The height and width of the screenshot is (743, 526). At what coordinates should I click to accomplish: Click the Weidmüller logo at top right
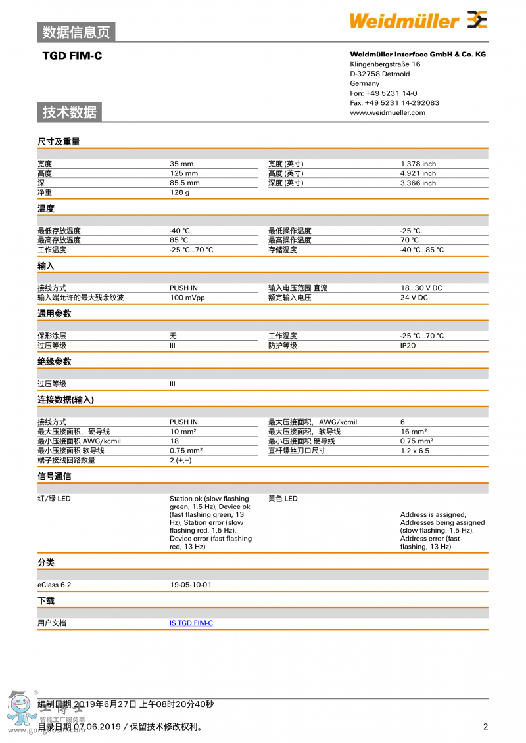pos(418,20)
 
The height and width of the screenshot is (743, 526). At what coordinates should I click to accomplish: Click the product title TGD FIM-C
pos(72,56)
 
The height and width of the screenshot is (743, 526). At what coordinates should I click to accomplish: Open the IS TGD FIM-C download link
pos(191,623)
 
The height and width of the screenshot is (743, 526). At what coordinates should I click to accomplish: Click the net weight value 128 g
pos(179,192)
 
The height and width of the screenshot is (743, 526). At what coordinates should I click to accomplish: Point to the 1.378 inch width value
pos(418,164)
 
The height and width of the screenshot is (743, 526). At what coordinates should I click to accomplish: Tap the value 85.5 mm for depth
pos(184,183)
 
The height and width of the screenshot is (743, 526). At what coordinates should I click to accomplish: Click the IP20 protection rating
pos(408,345)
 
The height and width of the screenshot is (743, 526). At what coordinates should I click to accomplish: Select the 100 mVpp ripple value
pos(187,298)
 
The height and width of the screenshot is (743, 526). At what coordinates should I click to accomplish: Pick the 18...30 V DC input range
pos(421,288)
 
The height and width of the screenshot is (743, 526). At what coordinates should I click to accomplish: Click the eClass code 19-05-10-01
pos(190,584)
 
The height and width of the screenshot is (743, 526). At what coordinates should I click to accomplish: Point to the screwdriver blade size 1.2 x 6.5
pos(414,451)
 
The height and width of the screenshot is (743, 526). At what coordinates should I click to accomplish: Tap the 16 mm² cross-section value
pos(414,432)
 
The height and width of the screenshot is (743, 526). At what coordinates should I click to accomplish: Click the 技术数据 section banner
pos(70,112)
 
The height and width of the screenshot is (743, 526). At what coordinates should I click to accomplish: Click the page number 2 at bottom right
pos(485,726)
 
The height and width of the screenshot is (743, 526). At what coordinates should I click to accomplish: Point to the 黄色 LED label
pos(283,499)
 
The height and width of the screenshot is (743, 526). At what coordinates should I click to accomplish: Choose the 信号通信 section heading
pos(55,476)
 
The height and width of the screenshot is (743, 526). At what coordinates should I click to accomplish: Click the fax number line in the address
pos(394,102)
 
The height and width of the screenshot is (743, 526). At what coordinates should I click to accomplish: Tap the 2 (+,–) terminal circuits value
pos(180,460)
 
